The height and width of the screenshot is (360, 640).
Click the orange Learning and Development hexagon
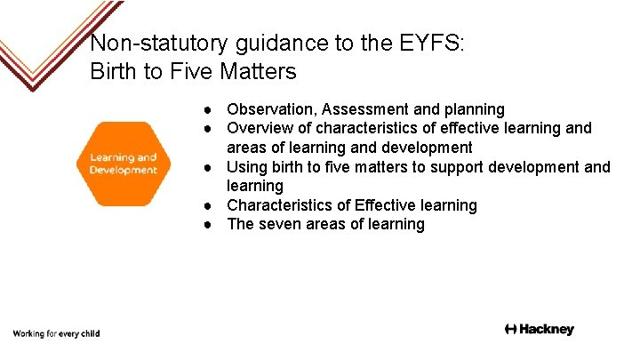click(123, 164)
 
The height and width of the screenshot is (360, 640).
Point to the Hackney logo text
click(547, 330)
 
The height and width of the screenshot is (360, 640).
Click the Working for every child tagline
click(56, 333)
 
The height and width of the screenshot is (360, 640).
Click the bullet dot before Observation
click(206, 110)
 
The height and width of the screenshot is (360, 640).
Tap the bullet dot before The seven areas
click(206, 225)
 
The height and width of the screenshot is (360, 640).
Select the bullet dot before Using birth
click(206, 168)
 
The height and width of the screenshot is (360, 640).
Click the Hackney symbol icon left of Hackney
click(510, 330)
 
